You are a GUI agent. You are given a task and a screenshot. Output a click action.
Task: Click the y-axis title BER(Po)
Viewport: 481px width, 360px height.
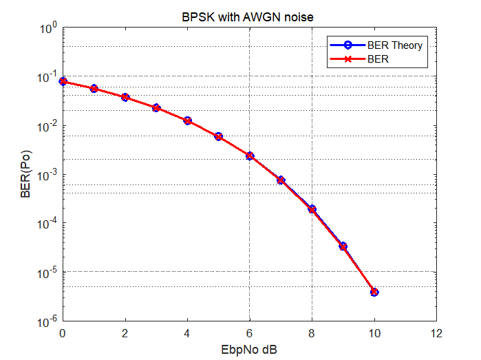point(25,175)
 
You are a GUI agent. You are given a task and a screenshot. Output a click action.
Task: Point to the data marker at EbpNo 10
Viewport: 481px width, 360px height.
point(374,292)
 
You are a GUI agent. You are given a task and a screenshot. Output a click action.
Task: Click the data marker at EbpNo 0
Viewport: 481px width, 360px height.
point(63,81)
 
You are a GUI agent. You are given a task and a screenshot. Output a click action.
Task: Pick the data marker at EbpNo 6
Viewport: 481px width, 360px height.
point(250,156)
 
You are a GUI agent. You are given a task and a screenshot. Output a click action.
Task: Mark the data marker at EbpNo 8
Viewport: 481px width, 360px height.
point(312,209)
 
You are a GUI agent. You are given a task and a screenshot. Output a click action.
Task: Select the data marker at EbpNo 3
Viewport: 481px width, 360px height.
point(156,108)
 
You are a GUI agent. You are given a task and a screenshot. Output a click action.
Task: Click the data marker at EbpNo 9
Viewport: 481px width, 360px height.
point(343,246)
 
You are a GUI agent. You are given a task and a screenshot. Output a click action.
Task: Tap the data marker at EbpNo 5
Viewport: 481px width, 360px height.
point(219,136)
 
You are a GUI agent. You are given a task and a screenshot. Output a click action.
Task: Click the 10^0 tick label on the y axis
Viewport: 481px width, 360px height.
point(47,29)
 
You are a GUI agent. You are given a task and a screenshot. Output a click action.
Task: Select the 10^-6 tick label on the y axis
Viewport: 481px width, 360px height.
point(47,321)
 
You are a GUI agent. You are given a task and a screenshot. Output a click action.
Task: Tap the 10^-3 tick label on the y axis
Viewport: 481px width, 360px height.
point(47,176)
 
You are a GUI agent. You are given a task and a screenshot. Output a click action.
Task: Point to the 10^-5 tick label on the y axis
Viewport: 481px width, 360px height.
point(47,273)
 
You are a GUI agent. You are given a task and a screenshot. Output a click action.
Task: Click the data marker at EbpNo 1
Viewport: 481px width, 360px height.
point(94,88)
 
